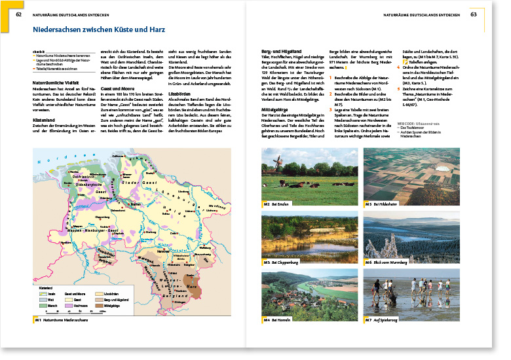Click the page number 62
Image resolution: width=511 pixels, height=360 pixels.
click(19, 14)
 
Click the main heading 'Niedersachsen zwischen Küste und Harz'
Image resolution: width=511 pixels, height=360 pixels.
click(99, 29)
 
